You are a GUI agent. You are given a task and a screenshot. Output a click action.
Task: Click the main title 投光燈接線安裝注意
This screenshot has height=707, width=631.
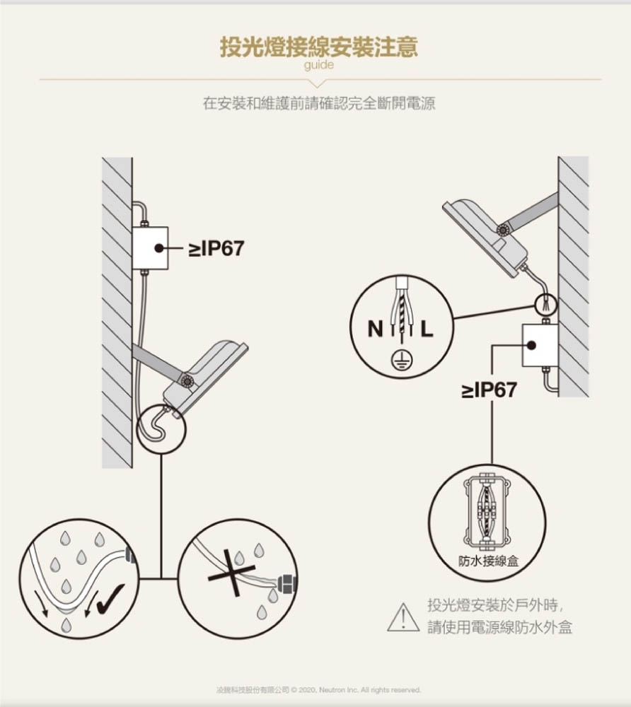319,47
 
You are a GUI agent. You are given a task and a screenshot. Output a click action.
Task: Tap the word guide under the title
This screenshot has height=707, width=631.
319,65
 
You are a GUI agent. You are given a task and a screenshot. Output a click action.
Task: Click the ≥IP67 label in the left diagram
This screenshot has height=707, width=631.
216,248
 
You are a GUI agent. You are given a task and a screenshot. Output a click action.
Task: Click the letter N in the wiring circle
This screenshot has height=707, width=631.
375,329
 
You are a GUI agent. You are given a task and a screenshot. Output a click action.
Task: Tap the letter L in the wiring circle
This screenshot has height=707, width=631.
427,329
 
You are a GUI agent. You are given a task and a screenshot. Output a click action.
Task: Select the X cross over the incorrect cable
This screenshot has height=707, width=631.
231,573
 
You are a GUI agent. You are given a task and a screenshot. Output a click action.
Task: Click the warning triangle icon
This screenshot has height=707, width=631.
403,617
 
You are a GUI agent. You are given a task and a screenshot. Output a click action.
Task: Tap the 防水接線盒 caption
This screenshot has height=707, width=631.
489,561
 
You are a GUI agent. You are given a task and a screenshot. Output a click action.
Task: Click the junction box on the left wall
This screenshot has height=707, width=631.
150,248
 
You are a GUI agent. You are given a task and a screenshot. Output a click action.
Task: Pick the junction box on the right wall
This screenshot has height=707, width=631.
540,345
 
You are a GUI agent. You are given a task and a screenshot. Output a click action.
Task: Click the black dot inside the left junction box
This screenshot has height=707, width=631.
158,248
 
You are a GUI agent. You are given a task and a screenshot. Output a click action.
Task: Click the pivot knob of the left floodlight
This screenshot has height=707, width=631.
187,382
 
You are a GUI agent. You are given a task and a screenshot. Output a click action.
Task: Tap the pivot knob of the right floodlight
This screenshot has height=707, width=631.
502,230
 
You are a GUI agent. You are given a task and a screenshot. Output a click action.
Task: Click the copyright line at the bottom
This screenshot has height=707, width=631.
318,690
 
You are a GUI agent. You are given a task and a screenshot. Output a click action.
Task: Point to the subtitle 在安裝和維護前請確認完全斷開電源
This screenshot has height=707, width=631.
319,103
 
